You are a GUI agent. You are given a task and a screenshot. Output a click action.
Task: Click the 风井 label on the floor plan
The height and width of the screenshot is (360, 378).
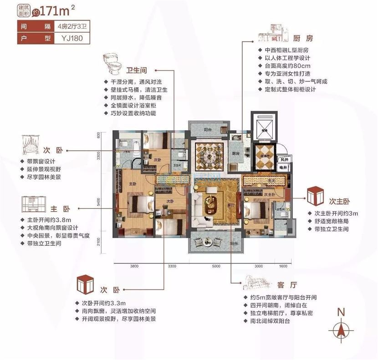284,160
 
